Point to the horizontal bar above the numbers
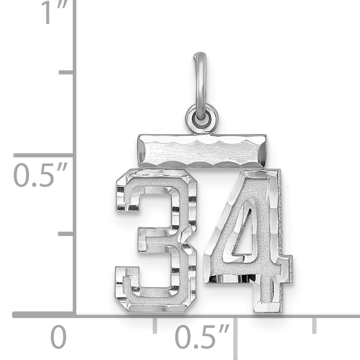(202, 151)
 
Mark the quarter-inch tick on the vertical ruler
(66, 233)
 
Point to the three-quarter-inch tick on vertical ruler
(66, 72)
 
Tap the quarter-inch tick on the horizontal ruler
(155, 325)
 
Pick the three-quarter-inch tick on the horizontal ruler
(315, 325)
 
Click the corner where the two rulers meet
(74, 315)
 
